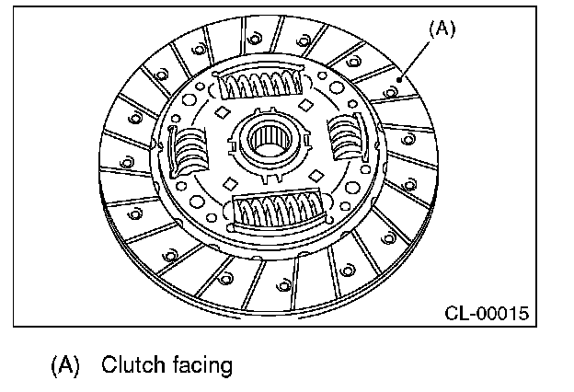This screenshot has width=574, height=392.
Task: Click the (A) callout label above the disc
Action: (442, 29)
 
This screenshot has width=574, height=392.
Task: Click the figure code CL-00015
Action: (485, 313)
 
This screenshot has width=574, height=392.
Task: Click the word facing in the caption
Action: (201, 365)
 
